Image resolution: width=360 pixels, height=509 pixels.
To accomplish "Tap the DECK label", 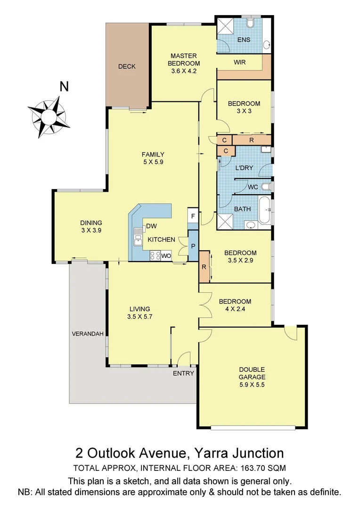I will point(127,66).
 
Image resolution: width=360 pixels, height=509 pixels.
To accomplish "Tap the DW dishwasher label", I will point(151,226).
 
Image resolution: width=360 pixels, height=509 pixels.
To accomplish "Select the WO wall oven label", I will point(166,256).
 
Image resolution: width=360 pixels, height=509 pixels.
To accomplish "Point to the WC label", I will point(253,187).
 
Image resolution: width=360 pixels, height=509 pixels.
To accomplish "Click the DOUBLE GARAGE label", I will point(252,373).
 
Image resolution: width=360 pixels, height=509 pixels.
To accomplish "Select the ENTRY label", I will point(183,373).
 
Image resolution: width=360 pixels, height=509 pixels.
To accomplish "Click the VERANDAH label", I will point(87,334).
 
